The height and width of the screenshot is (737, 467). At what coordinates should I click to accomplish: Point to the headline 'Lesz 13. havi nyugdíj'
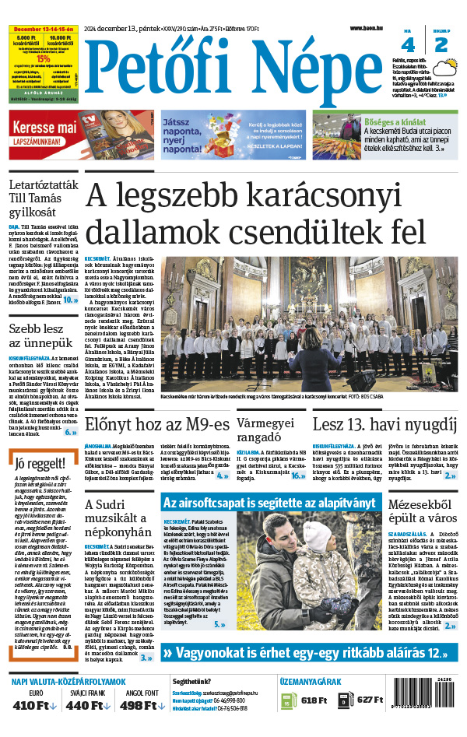tap(384, 424)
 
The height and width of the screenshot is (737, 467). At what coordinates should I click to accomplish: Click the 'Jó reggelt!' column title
tap(41, 465)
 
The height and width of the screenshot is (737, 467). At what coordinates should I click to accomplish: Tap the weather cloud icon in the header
tap(445, 70)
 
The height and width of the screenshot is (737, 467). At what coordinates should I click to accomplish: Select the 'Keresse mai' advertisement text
tap(44, 126)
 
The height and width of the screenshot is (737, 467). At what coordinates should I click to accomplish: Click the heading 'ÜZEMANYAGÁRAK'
tap(310, 682)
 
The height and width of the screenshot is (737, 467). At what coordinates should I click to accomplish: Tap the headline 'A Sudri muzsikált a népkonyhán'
tap(119, 518)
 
